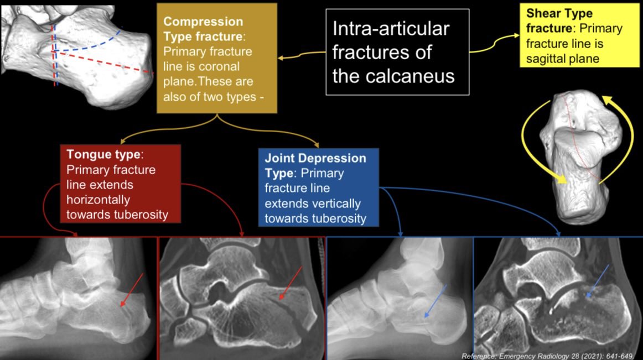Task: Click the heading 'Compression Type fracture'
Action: click(203, 29)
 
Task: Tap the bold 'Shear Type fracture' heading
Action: click(559, 20)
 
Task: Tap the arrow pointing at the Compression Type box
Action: click(299, 55)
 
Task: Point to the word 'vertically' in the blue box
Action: click(335, 203)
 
